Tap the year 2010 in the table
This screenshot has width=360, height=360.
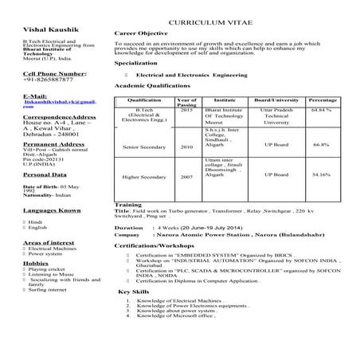(186, 147)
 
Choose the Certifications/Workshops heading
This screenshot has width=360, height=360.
(155, 246)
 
